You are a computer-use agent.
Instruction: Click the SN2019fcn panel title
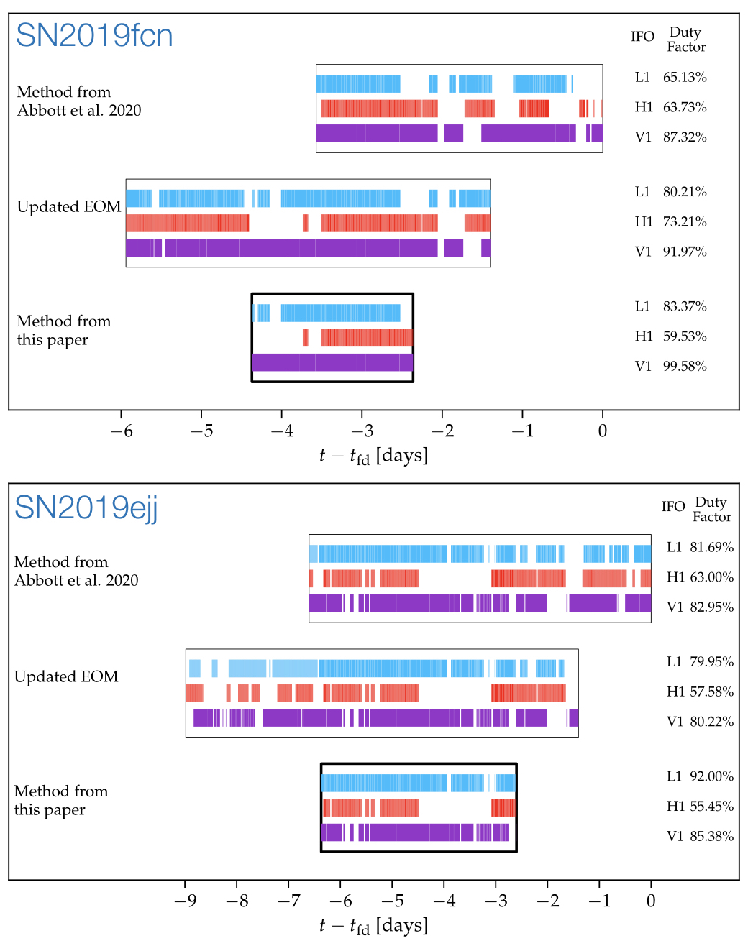coord(94,35)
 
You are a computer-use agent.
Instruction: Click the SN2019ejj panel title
coord(86,507)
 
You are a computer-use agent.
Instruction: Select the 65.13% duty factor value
coord(685,77)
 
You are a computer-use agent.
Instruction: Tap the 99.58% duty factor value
coord(685,366)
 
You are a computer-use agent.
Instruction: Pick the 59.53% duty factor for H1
coord(685,336)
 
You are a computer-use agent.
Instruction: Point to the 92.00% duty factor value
coord(711,776)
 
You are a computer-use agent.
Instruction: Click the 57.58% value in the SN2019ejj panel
coord(711,692)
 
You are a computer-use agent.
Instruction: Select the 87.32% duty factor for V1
coord(685,137)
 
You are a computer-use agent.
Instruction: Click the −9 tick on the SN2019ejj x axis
coord(185,901)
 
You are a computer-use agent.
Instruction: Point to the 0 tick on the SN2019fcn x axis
coord(603,431)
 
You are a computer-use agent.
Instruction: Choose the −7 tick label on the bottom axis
coord(288,901)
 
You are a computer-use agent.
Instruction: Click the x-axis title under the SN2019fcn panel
coord(373,456)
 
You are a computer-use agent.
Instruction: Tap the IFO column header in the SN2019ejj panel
coord(673,507)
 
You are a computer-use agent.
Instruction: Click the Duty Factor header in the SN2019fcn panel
coord(685,40)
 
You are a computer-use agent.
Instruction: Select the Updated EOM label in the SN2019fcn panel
coord(69,207)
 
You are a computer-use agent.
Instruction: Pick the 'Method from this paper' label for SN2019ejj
coord(61,800)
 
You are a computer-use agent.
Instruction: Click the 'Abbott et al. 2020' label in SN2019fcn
coord(79,110)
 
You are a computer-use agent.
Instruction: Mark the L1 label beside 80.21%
coord(642,192)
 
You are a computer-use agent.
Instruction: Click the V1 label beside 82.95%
coord(675,607)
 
